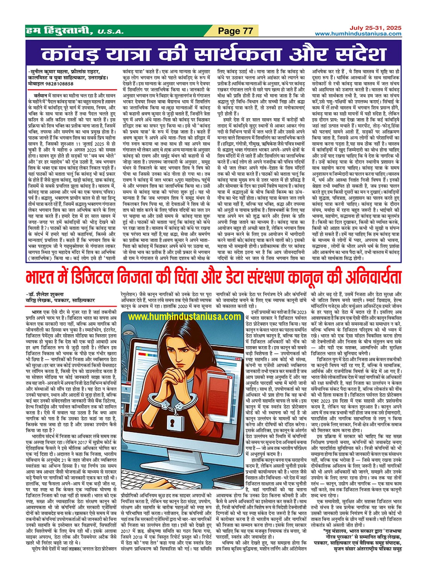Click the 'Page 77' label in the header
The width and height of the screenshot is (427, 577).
236,31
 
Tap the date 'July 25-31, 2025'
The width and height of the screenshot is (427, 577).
375,28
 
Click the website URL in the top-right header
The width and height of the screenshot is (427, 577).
358,34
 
